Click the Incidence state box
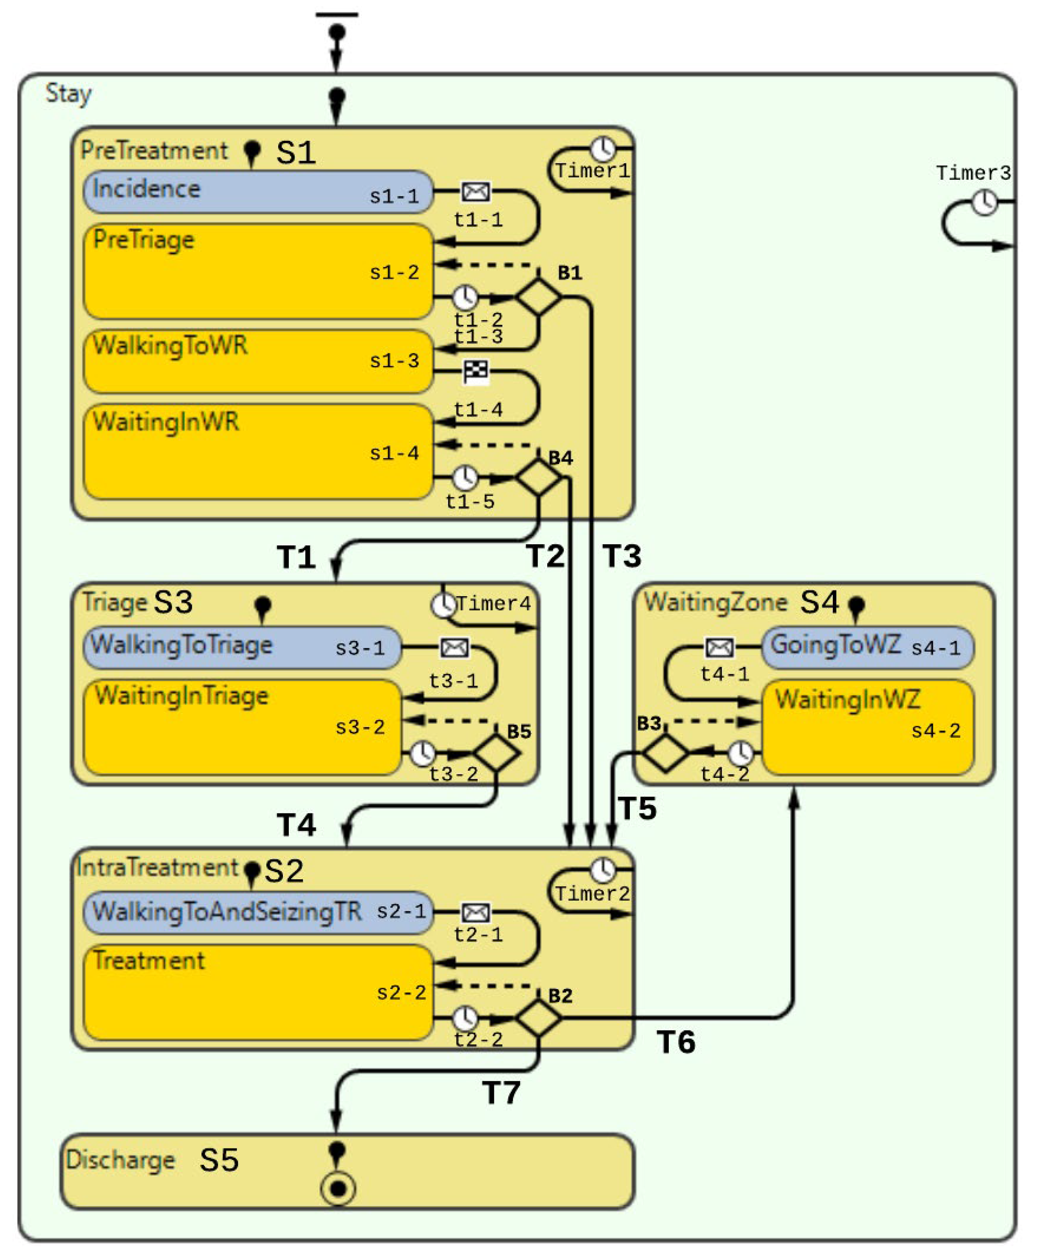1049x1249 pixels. [258, 192]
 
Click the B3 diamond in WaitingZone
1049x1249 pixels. [666, 753]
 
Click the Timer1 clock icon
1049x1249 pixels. [603, 148]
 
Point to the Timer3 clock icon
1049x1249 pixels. [985, 202]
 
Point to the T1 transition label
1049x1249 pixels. [296, 557]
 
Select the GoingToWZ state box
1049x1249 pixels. [868, 646]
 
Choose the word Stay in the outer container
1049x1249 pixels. [69, 93]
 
